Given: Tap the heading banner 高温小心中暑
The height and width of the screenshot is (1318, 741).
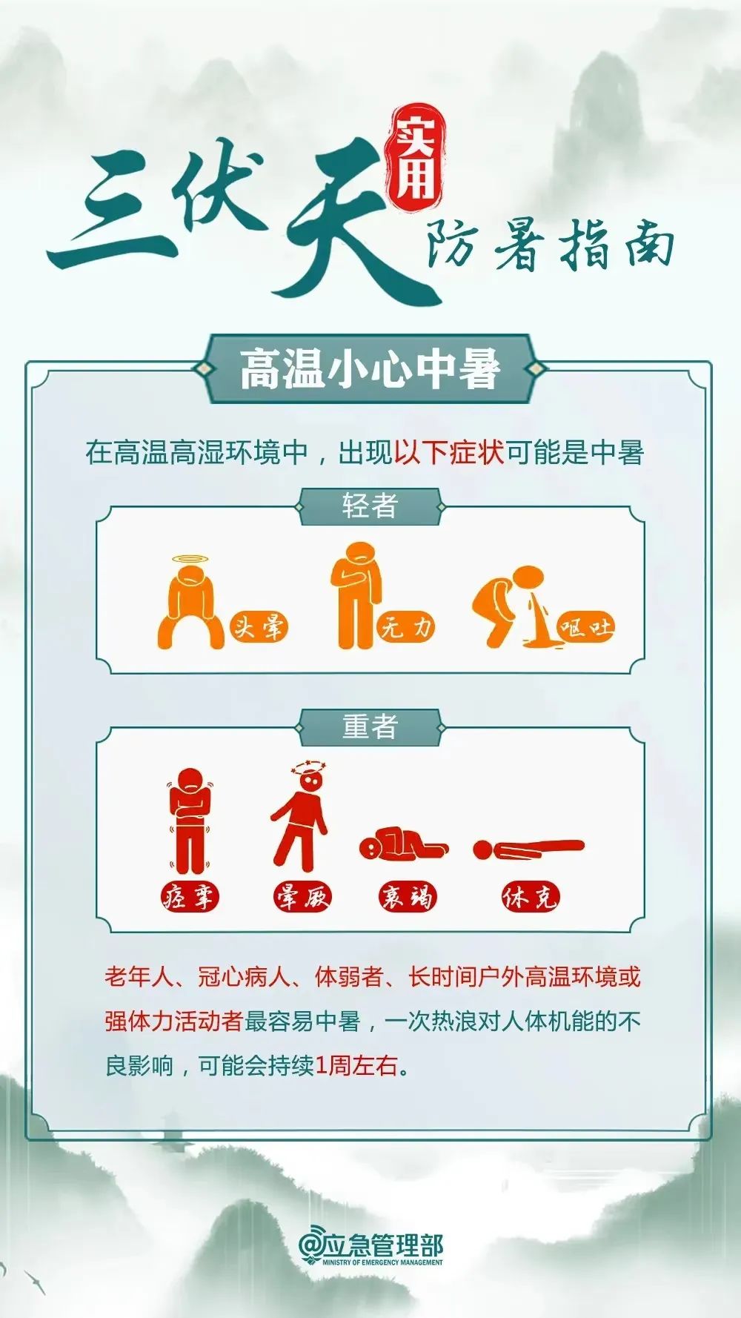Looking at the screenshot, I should (x=370, y=369).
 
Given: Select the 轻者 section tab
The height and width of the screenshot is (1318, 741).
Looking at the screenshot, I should (x=370, y=507).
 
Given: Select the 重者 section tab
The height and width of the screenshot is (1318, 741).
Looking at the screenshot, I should (x=370, y=727).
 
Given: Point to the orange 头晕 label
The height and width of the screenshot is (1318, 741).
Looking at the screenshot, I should (x=258, y=627).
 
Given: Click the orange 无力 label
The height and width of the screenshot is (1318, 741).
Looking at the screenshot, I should (x=405, y=627).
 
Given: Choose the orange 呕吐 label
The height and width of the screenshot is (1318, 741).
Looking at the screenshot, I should (x=585, y=628).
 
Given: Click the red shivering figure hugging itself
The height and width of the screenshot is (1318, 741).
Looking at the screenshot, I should (x=190, y=820).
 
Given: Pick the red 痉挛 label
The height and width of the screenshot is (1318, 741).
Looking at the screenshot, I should (x=190, y=897).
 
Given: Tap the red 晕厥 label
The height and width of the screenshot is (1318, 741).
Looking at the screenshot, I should (x=302, y=897).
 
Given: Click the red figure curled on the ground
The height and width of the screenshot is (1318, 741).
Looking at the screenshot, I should (x=402, y=844).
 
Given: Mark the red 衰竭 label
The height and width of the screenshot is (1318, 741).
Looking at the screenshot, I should (x=407, y=897).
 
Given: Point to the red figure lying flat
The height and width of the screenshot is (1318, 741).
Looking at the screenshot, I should (x=528, y=848).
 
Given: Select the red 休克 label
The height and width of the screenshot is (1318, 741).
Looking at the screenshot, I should (x=529, y=897).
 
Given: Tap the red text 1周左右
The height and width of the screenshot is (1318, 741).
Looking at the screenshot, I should (x=356, y=1066).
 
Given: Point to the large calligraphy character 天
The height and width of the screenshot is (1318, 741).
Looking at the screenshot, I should (x=341, y=222).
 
